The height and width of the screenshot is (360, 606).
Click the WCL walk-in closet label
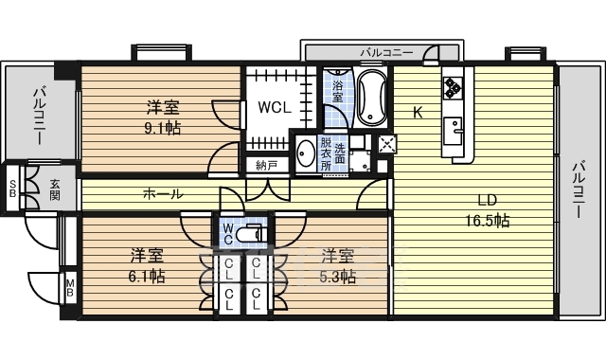coord(275,107)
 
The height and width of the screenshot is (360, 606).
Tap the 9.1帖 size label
coord(162,128)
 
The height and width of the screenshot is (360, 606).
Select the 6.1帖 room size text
coord(147,276)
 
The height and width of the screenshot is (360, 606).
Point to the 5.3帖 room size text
coord(337,277)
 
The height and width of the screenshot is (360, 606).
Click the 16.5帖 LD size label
coord(487,221)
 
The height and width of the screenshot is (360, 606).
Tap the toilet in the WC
coord(250,234)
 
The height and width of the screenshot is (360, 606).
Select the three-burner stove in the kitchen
coord(453,87)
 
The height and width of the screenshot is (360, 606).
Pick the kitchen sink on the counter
coord(453,131)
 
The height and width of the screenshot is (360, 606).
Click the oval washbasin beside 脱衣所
coord(307,153)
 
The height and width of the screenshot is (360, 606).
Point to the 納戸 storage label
coord(267,166)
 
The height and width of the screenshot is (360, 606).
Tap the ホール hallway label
coord(163,193)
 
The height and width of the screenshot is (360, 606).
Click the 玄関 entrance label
coord(55,189)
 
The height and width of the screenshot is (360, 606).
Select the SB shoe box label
coord(12,189)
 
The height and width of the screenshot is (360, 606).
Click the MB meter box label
coord(70,288)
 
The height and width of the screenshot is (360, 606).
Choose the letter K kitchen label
coord(418,113)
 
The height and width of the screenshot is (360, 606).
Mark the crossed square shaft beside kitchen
coord(385,145)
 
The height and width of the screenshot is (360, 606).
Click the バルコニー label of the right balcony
coord(578,189)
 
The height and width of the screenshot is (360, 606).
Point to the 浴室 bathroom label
coord(338,90)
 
